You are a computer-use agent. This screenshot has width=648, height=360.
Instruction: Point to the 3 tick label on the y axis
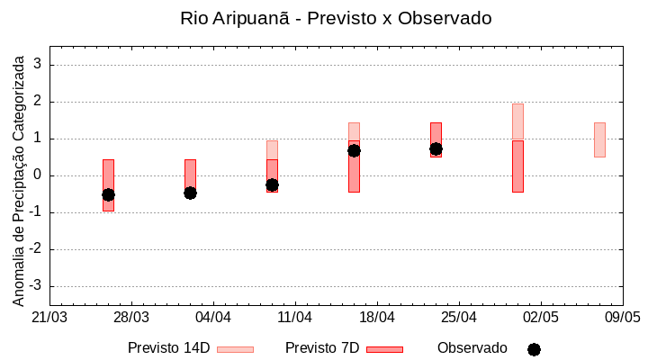39,65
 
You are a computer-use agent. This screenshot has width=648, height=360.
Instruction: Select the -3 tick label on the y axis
36,286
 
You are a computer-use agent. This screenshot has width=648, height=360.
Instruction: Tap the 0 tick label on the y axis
39,175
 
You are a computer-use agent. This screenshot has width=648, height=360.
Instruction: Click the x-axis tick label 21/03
49,318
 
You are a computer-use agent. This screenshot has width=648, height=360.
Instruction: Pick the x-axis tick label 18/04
377,318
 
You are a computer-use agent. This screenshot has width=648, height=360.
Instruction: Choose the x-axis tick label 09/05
622,318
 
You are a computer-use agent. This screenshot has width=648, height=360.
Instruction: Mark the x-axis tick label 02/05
540,318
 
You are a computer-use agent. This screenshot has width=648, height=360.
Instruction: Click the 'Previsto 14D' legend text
168,348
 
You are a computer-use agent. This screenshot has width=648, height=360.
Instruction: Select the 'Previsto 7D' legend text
322,348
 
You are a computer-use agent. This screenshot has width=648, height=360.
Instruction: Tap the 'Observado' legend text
472,348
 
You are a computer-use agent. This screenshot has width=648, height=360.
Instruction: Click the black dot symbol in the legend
534,349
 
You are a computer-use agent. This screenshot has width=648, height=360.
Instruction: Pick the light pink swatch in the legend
235,349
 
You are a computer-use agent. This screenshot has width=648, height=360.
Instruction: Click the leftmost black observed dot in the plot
108,194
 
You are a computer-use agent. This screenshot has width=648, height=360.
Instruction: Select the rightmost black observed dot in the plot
436,148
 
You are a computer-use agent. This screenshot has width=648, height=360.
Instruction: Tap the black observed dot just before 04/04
190,193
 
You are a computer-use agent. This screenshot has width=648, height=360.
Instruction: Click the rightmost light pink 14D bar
599,139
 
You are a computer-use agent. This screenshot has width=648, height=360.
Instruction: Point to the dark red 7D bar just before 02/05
517,166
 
